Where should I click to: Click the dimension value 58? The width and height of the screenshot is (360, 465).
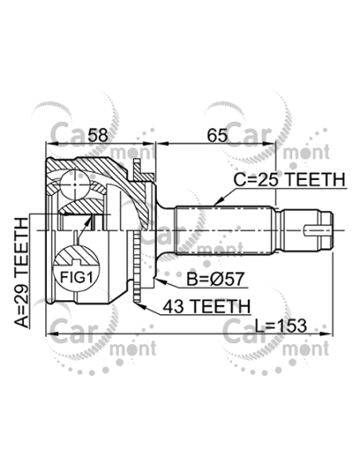[99, 135]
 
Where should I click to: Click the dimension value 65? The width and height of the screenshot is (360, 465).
[217, 135]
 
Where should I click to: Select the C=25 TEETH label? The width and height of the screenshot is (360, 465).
[289, 180]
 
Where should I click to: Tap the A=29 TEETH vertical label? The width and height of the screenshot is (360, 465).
[22, 272]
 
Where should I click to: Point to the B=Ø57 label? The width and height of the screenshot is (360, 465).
[215, 279]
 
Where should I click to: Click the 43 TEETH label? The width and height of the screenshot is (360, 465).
[207, 306]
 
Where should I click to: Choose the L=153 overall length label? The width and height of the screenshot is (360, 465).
[280, 326]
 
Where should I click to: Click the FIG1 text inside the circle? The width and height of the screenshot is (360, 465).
[76, 278]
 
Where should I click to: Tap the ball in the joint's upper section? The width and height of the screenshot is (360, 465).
[75, 185]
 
